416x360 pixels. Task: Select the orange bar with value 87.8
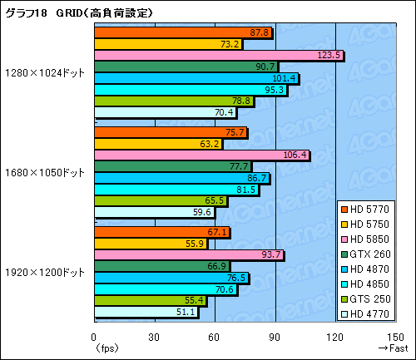point(183,32)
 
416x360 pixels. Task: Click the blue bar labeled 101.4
point(196,78)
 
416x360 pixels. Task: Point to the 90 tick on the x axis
point(275,337)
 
